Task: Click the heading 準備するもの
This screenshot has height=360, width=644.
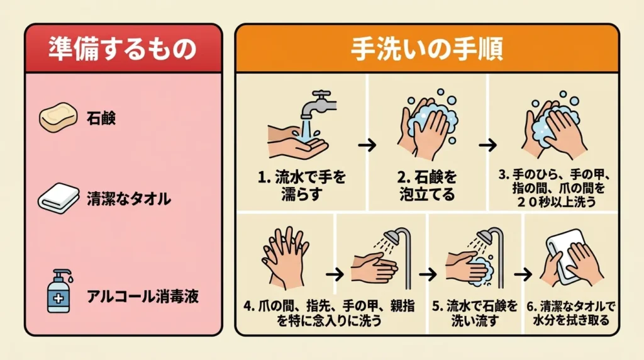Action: click(x=123, y=48)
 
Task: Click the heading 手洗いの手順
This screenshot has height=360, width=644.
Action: click(x=427, y=49)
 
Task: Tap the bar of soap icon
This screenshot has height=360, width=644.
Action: click(x=58, y=117)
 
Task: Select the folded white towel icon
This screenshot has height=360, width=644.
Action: click(x=58, y=198)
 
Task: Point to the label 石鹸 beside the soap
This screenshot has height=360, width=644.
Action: click(x=101, y=118)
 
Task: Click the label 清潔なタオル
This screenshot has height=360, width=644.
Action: click(x=128, y=199)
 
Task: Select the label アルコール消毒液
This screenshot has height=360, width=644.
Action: click(x=143, y=296)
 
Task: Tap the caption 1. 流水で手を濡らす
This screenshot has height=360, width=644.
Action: click(x=301, y=185)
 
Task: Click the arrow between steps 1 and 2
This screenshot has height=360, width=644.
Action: click(x=367, y=145)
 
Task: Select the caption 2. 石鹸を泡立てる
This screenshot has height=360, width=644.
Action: click(x=427, y=185)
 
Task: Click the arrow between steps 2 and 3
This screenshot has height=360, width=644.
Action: click(x=487, y=145)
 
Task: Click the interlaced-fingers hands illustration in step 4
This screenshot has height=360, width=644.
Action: click(x=285, y=257)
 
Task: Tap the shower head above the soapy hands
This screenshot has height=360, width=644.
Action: click(x=486, y=236)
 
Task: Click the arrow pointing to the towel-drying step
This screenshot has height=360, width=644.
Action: click(x=523, y=274)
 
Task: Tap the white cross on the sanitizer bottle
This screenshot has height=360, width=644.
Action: click(x=58, y=298)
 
